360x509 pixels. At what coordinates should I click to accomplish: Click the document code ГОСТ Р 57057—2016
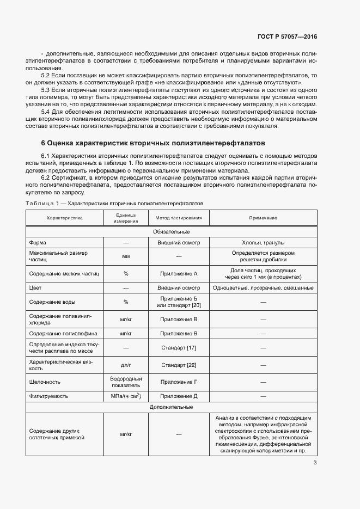coord(287,37)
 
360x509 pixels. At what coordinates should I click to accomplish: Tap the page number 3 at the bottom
coord(315,463)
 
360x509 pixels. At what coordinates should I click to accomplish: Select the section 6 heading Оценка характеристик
coord(153,143)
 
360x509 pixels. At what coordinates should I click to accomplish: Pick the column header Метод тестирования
coord(179,218)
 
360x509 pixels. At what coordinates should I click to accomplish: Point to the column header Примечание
coord(263,218)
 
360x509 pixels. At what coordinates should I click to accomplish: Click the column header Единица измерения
coord(126,218)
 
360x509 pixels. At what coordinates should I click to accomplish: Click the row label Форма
coord(38,243)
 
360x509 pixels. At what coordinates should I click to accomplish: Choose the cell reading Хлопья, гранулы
coord(263,243)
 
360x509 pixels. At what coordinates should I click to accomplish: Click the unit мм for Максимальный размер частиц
coord(126,256)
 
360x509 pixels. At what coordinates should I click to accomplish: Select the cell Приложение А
coord(179,274)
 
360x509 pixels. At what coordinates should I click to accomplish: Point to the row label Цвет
coord(36,287)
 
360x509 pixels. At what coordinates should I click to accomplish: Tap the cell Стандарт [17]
coord(179,347)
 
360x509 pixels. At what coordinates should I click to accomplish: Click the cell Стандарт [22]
coord(179,364)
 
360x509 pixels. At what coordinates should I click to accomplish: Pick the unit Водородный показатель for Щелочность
coord(126,382)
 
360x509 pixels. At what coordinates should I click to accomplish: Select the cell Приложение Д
coord(179,396)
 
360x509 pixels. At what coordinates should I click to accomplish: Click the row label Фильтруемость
coord(49,396)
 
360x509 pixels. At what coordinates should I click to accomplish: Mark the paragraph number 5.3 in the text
coord(46,89)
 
